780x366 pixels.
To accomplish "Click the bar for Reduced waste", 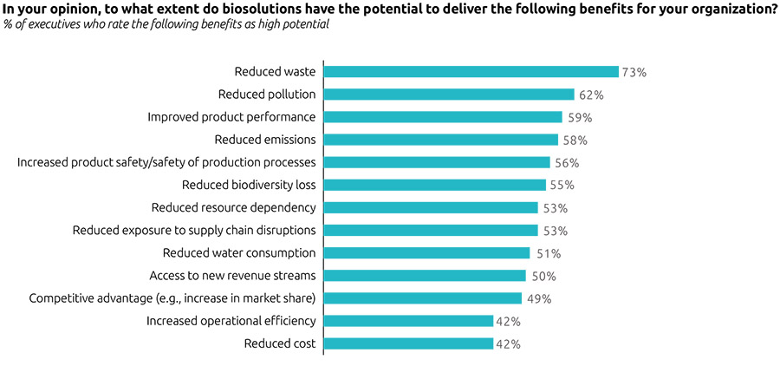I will point(471,72).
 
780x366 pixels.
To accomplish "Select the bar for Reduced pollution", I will point(449,95).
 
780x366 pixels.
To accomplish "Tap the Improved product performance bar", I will point(443,117).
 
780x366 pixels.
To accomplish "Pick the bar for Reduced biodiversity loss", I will point(435,185).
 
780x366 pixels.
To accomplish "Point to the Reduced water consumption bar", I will point(426,253).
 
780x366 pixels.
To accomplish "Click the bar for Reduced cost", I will point(409,344).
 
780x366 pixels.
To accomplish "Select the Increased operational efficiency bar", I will point(409,321).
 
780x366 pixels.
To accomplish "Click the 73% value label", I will point(634,73).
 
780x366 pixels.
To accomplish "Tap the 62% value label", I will point(591,95).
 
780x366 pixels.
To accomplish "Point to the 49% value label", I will point(538,299).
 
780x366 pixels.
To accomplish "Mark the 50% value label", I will point(543,277).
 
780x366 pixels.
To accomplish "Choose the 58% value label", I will point(575,141).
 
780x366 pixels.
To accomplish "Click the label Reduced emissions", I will point(264,140).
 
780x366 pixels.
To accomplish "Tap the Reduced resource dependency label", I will point(233,207).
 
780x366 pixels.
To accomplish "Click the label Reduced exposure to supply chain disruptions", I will point(193,231).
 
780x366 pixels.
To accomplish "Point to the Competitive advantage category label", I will point(172,298).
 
